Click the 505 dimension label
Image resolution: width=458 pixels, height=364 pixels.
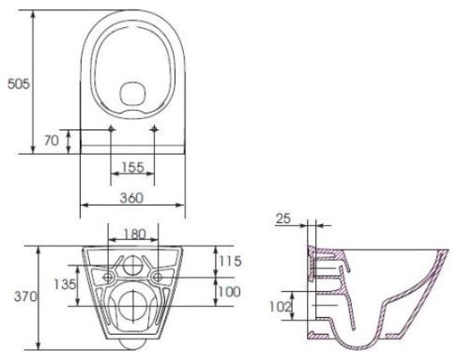[x=19, y=83]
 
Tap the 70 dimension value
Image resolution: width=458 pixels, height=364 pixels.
[x=52, y=141]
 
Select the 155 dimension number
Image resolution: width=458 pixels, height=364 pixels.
[x=132, y=167]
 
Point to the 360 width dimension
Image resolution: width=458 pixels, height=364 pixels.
[x=131, y=198]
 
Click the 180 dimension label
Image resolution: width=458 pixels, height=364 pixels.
[x=134, y=234]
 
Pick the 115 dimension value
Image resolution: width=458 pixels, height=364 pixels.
[x=230, y=261]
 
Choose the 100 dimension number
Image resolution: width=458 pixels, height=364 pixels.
[x=229, y=292]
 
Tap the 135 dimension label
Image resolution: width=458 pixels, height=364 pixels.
[x=65, y=284]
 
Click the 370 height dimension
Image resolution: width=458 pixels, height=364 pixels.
[x=25, y=296]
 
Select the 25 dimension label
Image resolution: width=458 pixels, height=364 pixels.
[x=283, y=219]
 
